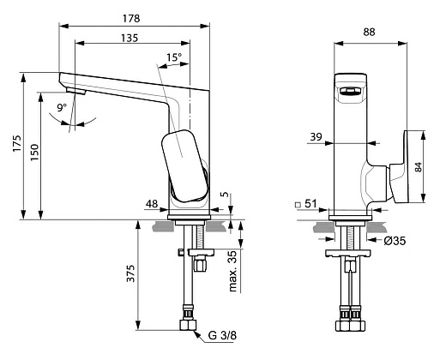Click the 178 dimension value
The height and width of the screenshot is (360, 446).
[x=131, y=19]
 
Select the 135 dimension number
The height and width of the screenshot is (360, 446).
[x=130, y=38]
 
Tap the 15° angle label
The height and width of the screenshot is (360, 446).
[x=174, y=57]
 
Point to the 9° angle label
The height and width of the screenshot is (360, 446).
[x=62, y=107]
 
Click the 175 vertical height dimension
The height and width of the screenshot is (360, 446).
[x=17, y=143]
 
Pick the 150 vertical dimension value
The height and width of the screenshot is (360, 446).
[x=34, y=153]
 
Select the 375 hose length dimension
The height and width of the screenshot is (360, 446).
[x=130, y=273]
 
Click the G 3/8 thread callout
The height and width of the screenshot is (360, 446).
[x=222, y=335]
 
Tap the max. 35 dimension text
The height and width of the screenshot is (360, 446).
[x=233, y=271]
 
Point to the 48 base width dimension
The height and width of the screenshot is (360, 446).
[x=152, y=204]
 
